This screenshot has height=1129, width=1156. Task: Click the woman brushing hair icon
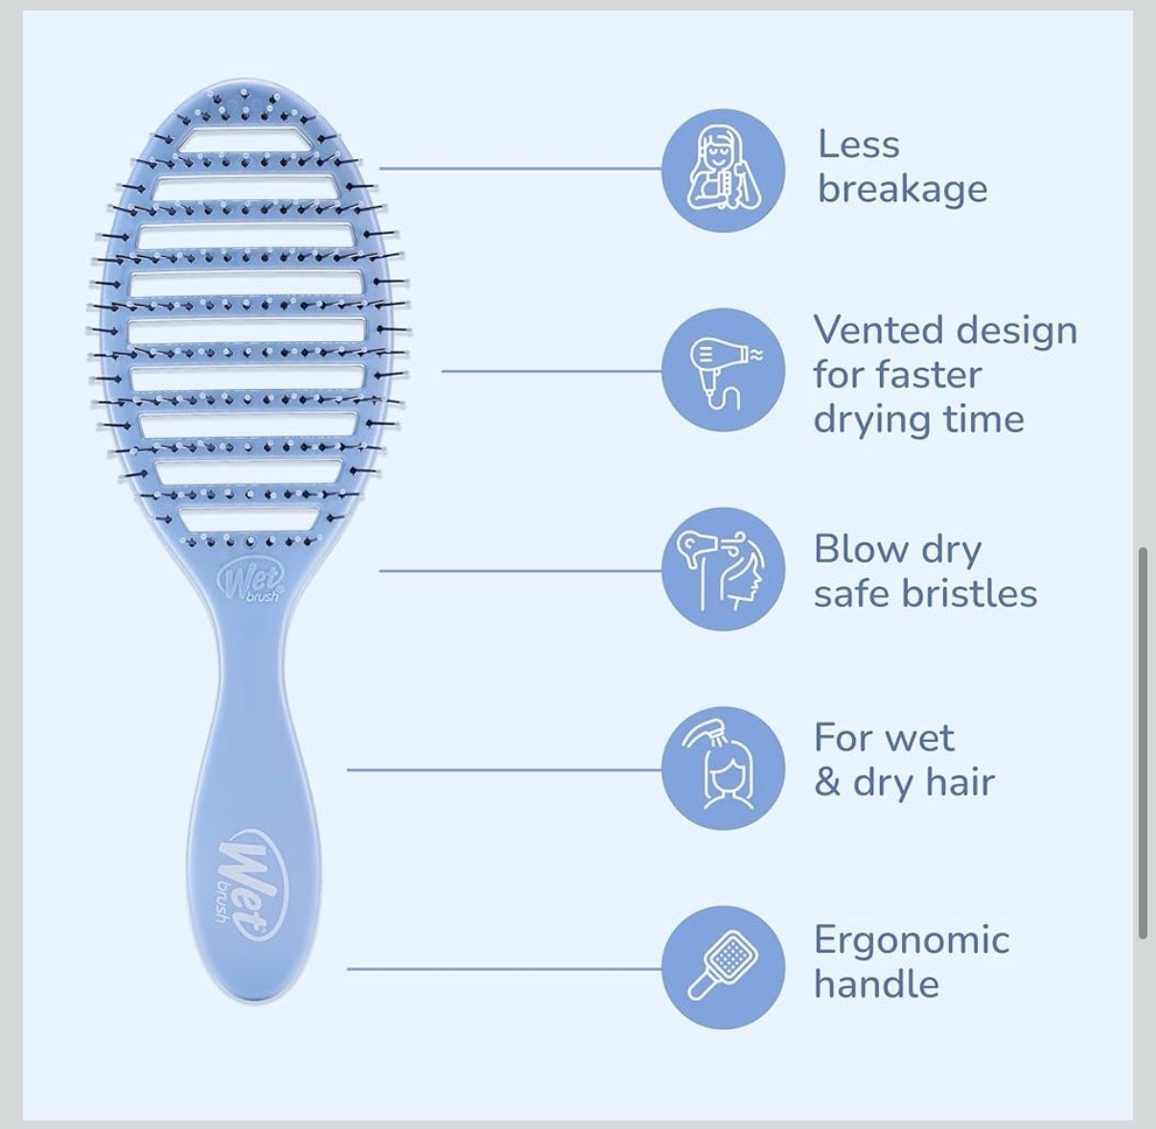click(x=723, y=171)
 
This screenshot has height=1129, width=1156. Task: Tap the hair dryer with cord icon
click(x=723, y=369)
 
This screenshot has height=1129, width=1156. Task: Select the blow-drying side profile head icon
click(x=723, y=569)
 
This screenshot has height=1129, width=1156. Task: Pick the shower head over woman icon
click(x=723, y=768)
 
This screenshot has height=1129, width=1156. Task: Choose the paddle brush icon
click(x=723, y=967)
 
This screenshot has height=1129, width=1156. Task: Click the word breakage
click(x=903, y=190)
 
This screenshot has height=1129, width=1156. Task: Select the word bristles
click(x=969, y=593)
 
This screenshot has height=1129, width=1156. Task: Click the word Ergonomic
click(x=912, y=941)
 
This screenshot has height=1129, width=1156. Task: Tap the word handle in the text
click(x=876, y=984)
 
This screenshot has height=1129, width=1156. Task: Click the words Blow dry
click(x=897, y=550)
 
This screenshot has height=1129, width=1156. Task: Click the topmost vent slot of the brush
click(x=245, y=140)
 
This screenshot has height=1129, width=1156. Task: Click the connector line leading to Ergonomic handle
click(x=504, y=969)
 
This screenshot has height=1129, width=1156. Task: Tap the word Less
click(x=859, y=145)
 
